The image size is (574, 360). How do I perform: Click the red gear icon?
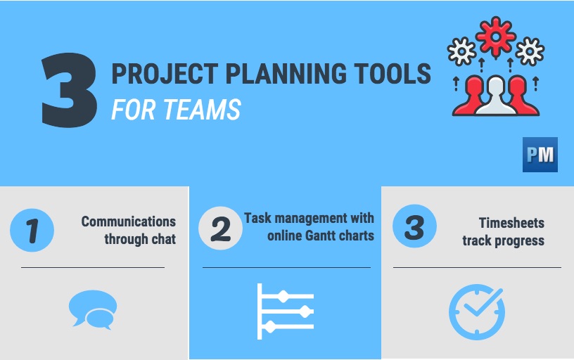[x=495, y=36]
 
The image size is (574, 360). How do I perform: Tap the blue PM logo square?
[x=540, y=155]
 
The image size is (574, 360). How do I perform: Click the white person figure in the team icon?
[x=497, y=98]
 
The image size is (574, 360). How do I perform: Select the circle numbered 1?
[x=32, y=230]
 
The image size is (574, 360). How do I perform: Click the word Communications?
[x=129, y=222]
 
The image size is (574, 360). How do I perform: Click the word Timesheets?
[x=511, y=224]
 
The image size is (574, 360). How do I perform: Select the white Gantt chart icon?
[x=285, y=309]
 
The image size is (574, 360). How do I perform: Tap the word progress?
[x=519, y=240]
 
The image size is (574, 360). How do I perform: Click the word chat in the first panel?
[x=161, y=240]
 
